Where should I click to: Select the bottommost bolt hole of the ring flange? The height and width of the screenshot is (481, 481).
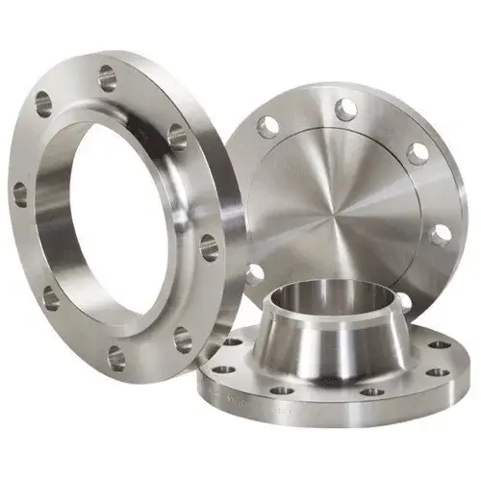116,359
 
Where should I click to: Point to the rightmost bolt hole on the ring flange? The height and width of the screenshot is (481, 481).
209,248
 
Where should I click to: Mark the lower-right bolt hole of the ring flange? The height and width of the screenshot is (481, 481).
183,339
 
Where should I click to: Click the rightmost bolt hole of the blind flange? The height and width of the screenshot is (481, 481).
441,234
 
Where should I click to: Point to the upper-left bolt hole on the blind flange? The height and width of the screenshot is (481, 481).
268,125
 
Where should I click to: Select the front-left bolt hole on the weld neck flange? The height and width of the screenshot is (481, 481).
282,391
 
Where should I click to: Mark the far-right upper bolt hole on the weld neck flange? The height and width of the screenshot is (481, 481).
438,344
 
